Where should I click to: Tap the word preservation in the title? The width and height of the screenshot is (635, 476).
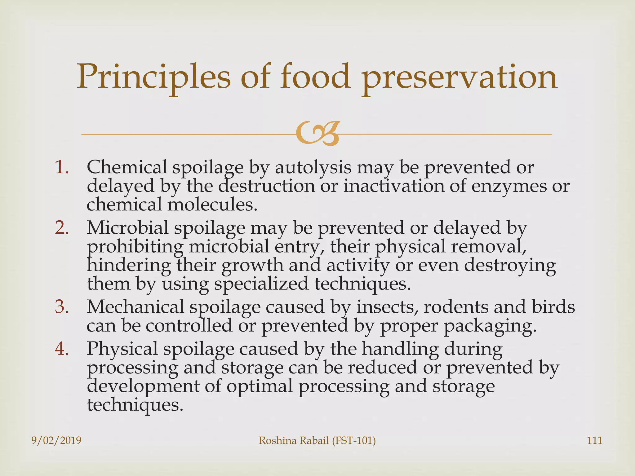pos(460,77)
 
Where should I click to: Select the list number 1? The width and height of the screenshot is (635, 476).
pos(62,167)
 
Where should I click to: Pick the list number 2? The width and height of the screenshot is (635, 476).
pos(62,228)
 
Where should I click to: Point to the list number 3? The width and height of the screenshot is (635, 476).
pos(62,307)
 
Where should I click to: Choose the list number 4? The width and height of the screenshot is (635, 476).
pos(62,349)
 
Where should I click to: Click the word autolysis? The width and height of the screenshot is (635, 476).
pos(313,168)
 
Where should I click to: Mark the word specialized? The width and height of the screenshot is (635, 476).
pos(261,284)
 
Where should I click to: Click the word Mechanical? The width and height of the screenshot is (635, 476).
pos(135,307)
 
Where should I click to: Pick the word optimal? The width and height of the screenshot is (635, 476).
pos(259,386)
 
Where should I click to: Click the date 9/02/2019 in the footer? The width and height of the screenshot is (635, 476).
pos(56,440)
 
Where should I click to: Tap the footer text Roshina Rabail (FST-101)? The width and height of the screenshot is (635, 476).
pos(317,440)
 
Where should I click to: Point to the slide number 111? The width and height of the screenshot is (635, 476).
pos(594,440)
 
